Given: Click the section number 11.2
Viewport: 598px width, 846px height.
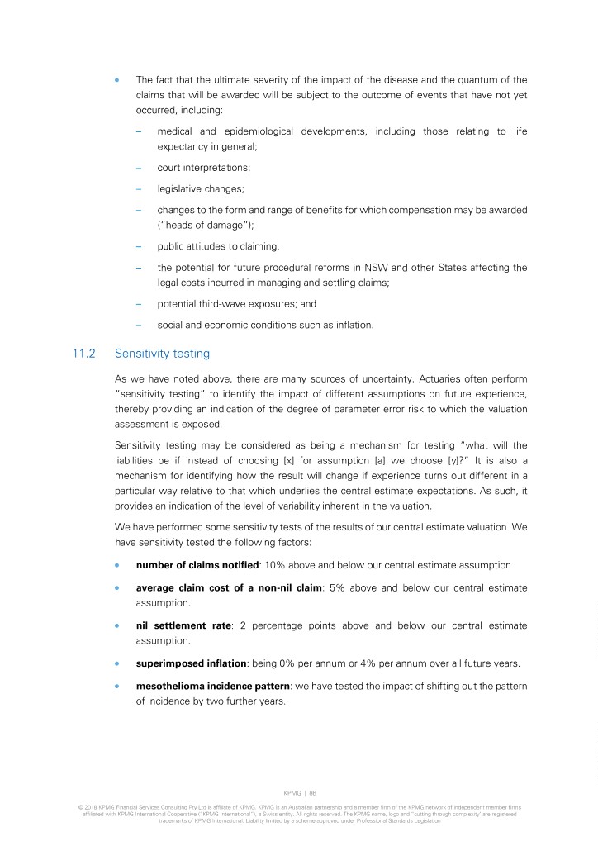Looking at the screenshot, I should pos(84,354).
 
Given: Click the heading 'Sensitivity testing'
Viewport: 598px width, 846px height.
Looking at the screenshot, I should pos(162,354).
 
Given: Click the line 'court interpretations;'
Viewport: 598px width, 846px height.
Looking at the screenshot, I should pos(199,166).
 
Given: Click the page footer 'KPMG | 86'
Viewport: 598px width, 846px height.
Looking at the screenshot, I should pos(298,791).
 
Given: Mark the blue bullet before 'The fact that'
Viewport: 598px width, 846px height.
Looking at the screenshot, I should pos(117,80).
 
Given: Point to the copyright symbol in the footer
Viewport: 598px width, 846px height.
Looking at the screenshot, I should pos(79,807).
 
